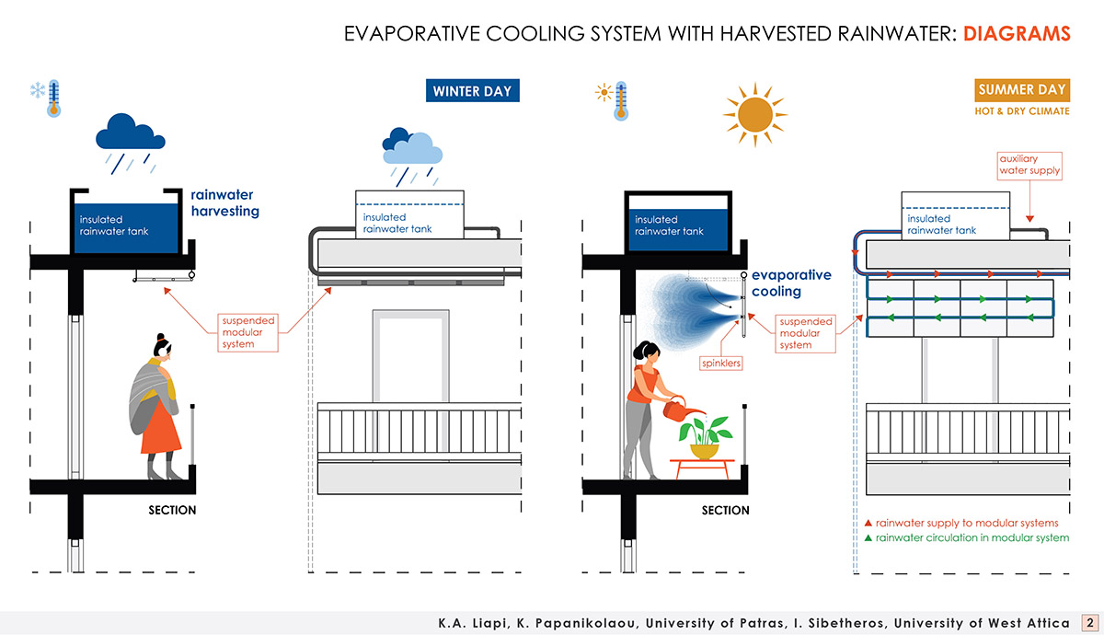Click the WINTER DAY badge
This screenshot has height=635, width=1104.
472,91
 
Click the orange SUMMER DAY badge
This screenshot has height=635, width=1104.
1022,90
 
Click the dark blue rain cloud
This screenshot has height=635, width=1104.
131,133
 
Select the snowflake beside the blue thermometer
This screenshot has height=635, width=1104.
38,90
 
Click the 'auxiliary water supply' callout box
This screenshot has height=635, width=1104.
1029,165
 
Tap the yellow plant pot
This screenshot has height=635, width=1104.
705,451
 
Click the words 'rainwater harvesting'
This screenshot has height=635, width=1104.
224,202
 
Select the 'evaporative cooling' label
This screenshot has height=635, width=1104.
791,283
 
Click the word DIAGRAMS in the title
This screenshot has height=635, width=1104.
1018,34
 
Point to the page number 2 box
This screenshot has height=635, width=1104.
1088,623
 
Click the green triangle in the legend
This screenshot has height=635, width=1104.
868,537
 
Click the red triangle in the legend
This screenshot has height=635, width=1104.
868,523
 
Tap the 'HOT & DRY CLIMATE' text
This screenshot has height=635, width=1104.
1022,111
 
